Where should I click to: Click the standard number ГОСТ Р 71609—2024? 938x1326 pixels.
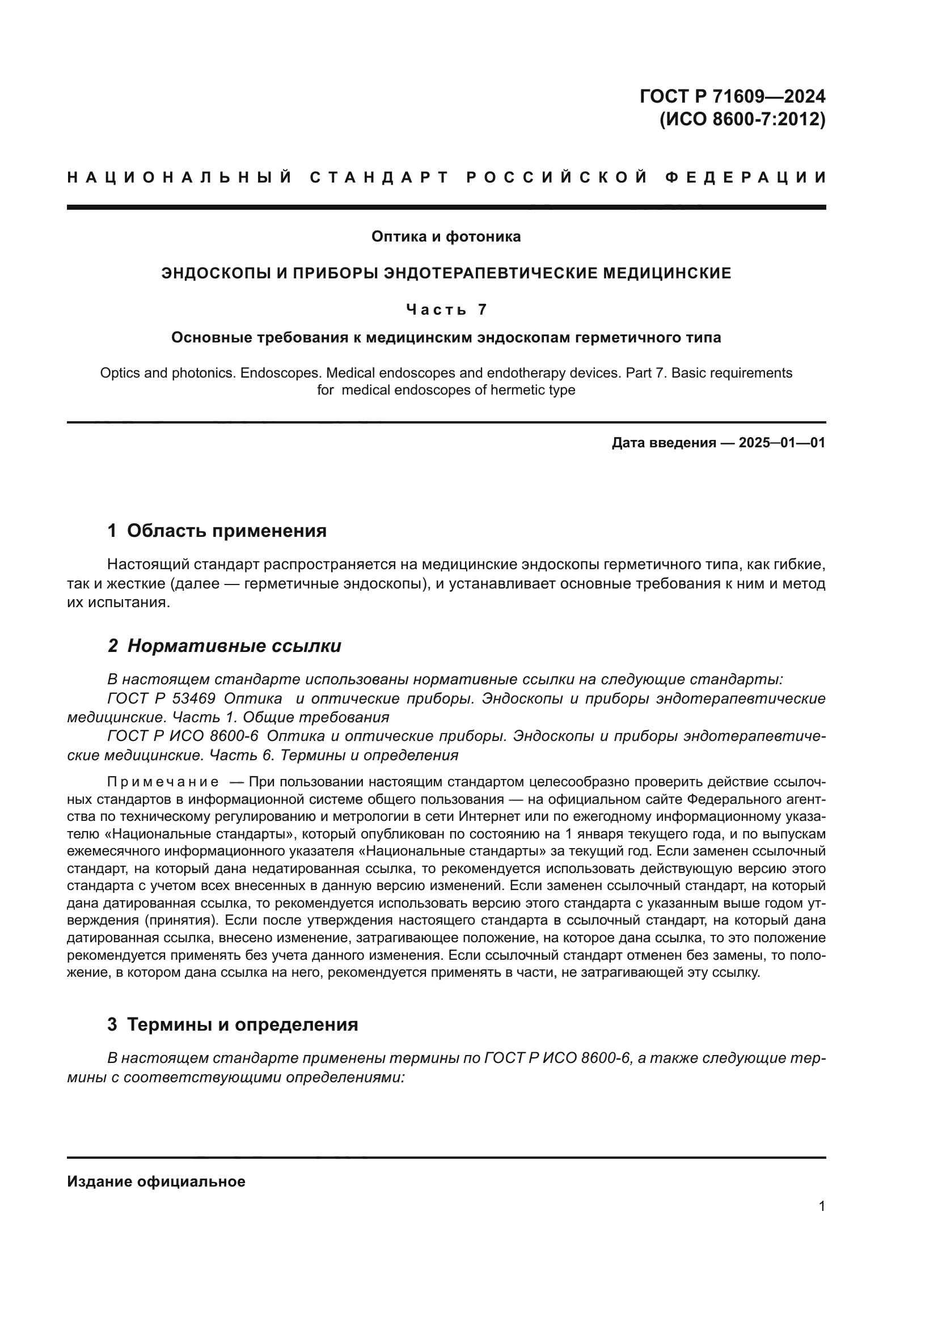click(732, 96)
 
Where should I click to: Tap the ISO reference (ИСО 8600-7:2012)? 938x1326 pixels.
click(742, 120)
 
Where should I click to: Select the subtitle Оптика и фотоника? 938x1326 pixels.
click(446, 236)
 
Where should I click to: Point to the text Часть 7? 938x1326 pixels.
click(446, 310)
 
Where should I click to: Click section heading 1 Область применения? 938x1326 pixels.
click(217, 530)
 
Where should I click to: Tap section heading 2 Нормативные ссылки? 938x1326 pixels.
click(225, 646)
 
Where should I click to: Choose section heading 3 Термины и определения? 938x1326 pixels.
click(233, 1024)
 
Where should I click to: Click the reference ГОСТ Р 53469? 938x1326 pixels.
click(162, 699)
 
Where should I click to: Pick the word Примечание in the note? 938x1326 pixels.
click(163, 782)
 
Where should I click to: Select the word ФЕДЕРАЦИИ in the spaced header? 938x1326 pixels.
click(746, 177)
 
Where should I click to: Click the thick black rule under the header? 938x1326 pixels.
click(446, 207)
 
